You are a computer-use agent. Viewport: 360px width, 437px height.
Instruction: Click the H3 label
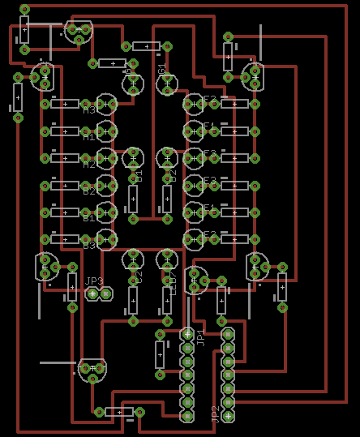click(x=89, y=109)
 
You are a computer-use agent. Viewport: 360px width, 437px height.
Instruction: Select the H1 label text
click(x=89, y=137)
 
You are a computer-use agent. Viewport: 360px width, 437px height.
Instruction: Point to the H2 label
click(x=89, y=165)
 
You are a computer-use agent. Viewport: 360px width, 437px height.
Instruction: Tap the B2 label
click(x=89, y=191)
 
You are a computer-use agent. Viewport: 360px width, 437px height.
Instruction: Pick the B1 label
click(x=89, y=218)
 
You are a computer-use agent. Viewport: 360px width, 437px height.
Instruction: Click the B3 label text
click(x=89, y=245)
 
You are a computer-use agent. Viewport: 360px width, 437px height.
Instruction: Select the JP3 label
click(x=94, y=281)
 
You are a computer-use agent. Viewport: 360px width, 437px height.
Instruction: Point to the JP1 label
click(x=200, y=338)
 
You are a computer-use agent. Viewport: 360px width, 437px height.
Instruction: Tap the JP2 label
click(x=215, y=414)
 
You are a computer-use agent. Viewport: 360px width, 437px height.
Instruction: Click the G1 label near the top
click(x=162, y=71)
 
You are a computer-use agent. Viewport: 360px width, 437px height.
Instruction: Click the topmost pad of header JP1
click(x=187, y=334)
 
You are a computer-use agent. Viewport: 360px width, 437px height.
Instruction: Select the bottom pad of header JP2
click(x=228, y=416)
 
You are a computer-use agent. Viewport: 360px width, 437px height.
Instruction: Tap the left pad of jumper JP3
click(x=93, y=293)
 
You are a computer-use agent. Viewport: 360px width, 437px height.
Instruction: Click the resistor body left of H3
click(x=65, y=104)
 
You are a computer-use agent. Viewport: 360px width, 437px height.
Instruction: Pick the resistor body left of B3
click(x=65, y=239)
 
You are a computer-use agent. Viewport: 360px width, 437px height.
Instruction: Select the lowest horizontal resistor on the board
click(x=119, y=412)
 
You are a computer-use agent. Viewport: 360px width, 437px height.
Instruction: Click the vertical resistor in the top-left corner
click(x=24, y=32)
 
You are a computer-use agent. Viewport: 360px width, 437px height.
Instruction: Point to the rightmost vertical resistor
click(x=282, y=286)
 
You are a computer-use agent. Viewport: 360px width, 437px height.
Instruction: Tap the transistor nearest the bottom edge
click(x=92, y=370)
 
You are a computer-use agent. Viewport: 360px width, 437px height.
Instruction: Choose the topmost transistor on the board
click(x=79, y=31)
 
